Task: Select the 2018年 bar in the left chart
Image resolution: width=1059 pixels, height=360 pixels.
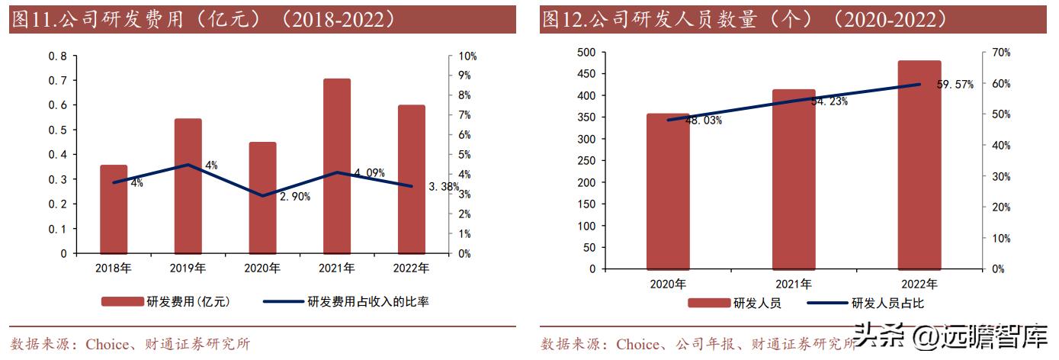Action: coord(114,209)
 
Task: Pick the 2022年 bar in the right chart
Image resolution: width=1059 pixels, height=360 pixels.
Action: coord(919,165)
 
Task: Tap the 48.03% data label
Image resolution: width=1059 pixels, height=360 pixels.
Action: coord(703,121)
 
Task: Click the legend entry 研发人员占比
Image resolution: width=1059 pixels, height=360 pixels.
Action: coord(887,303)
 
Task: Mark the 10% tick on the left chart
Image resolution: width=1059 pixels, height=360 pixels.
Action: coord(467,56)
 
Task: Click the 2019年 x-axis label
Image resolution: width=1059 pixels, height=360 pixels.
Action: coord(188,268)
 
